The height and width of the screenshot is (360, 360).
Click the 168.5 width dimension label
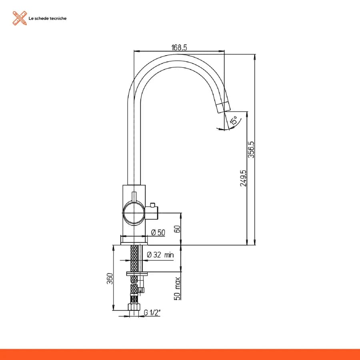click(x=179, y=48)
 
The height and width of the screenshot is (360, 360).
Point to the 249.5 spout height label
click(x=243, y=178)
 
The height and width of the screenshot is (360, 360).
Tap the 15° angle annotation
click(x=234, y=120)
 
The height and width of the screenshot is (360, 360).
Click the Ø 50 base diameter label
click(x=158, y=232)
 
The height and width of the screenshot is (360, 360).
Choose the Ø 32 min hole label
click(x=160, y=255)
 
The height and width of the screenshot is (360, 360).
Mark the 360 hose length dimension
click(x=110, y=278)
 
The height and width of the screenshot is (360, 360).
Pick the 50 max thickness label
click(x=178, y=288)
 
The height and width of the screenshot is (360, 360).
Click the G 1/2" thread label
click(x=152, y=312)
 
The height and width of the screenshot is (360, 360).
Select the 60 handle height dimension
click(x=177, y=229)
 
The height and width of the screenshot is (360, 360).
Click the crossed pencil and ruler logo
click(x=20, y=18)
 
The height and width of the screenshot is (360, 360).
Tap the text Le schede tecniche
click(x=48, y=18)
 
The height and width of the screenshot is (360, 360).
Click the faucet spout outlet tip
click(x=223, y=108)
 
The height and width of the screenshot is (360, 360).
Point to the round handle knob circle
click(x=134, y=213)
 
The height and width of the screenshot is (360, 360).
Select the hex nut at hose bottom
click(x=134, y=307)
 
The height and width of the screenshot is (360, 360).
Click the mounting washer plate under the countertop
click(x=137, y=274)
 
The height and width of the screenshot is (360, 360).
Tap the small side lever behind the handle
click(x=152, y=213)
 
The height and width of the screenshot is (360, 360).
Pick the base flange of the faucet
click(x=134, y=240)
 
